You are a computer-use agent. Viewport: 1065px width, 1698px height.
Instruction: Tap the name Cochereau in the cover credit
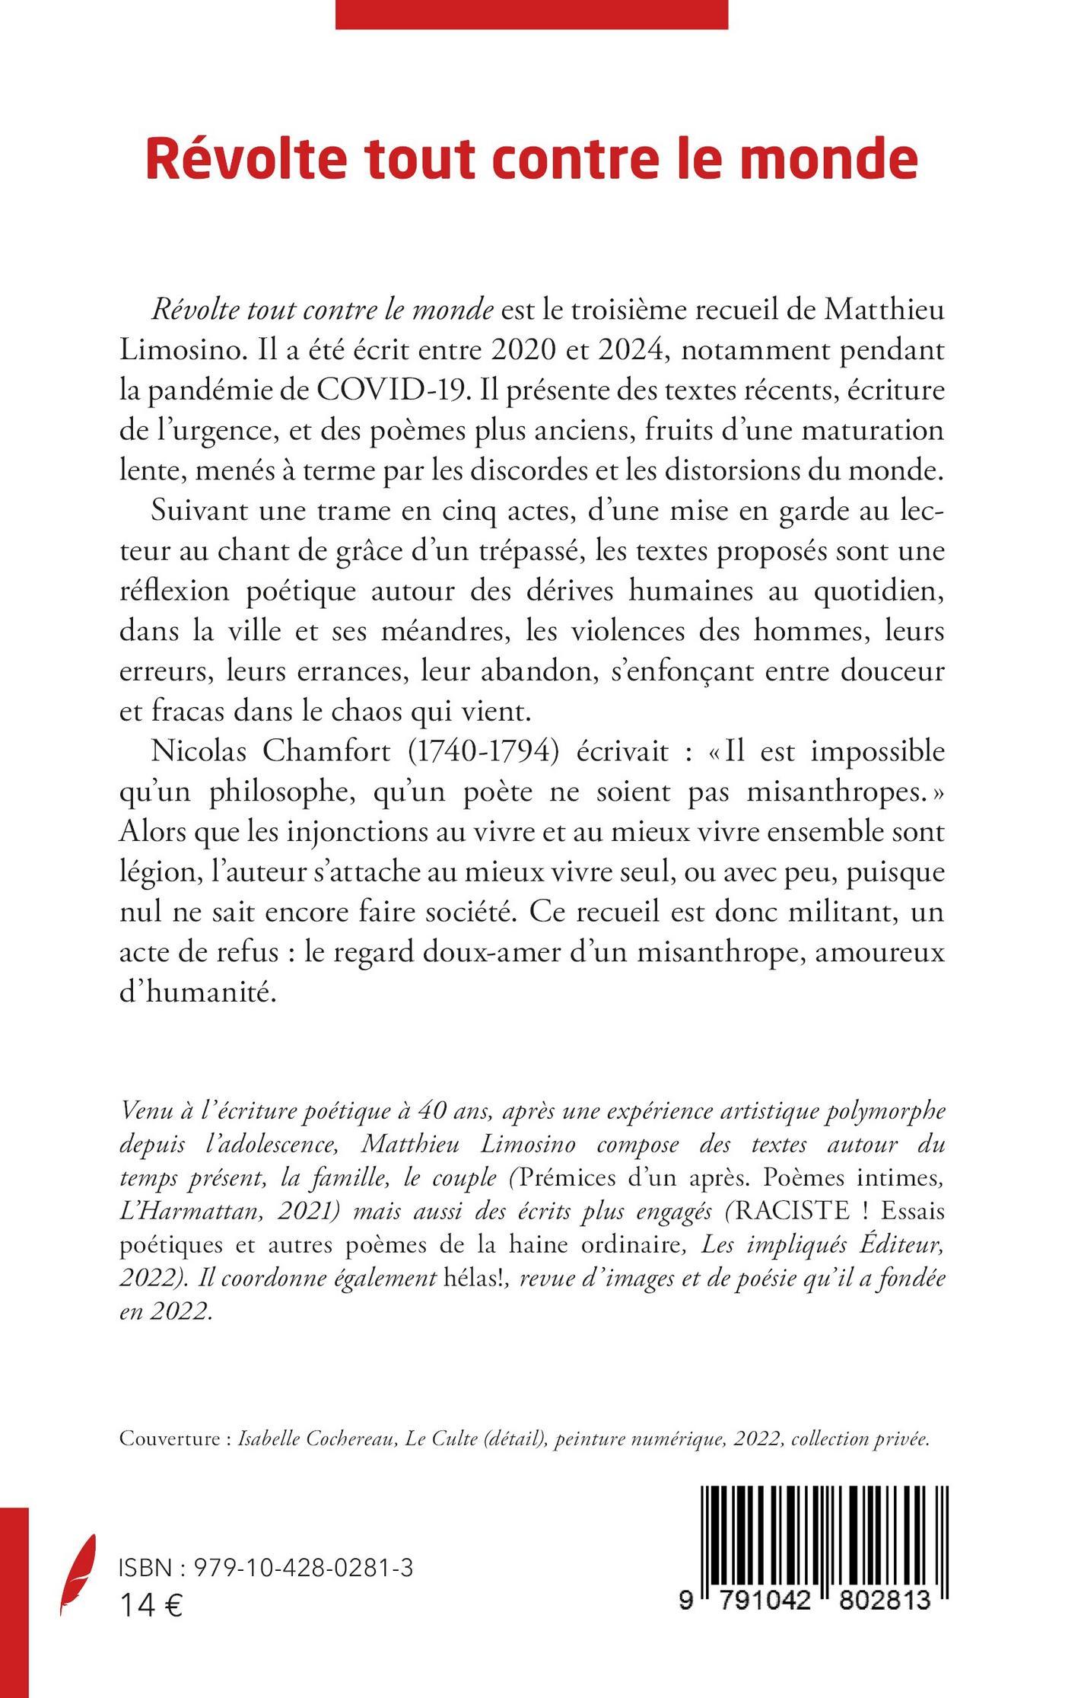[350, 1439]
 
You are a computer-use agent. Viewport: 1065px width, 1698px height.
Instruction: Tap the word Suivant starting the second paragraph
[198, 509]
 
